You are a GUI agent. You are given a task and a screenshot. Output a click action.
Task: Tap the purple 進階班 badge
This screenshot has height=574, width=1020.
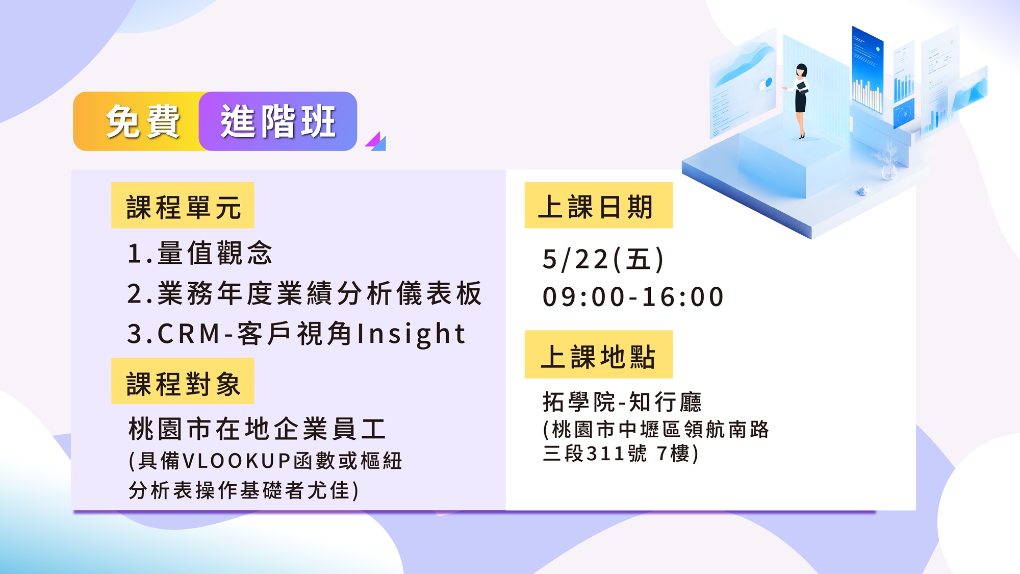[x=278, y=121]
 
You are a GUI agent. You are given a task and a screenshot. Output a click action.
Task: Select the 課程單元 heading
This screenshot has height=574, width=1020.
[x=183, y=205]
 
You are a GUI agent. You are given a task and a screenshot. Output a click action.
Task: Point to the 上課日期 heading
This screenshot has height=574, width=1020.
[x=598, y=205]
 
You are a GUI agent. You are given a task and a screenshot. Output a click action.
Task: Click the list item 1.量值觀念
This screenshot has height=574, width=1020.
[x=199, y=253]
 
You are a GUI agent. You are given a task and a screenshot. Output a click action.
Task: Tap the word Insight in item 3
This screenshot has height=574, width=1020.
[x=411, y=335]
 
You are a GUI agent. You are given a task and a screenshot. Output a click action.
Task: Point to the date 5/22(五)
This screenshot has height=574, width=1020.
[x=603, y=259]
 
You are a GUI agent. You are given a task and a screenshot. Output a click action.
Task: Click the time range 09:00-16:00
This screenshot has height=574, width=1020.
[x=633, y=297]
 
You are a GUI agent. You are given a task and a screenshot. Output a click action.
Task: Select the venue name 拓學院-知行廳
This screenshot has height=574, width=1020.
[x=622, y=402]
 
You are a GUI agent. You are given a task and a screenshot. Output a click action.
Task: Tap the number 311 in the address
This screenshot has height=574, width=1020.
[x=605, y=453]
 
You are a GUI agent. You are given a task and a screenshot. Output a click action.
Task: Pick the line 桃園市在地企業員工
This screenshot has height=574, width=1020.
[x=257, y=429]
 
